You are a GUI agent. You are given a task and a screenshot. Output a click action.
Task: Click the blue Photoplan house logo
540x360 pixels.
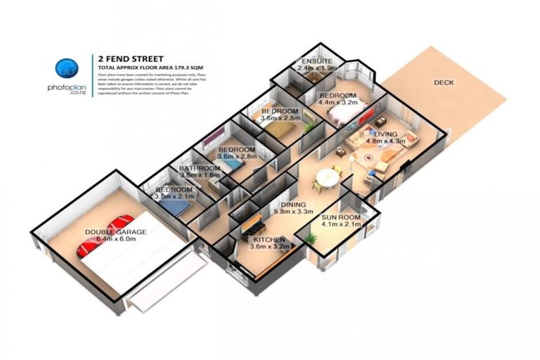coord(67,67)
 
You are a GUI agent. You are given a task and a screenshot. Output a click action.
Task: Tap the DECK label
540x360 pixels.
coord(444,83)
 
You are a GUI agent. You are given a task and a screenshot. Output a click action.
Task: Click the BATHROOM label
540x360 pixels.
coord(200,169)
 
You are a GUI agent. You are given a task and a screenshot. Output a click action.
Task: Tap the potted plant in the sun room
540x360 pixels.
coord(309,240)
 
